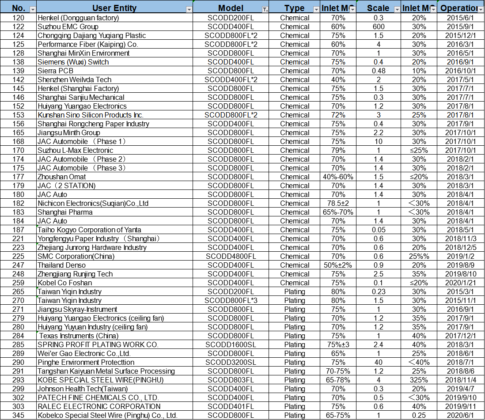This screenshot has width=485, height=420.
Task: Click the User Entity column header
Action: [114, 8]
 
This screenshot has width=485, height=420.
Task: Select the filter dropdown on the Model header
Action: [265, 9]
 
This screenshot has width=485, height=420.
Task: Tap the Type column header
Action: [294, 8]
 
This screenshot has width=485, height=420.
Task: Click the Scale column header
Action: [378, 8]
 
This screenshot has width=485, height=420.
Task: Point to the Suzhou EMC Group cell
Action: [68, 26]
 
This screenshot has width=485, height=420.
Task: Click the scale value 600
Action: [379, 26]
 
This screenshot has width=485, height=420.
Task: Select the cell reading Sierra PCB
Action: [55, 71]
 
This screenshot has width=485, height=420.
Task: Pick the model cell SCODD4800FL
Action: [231, 256]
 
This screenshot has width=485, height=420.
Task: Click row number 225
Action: [19, 256]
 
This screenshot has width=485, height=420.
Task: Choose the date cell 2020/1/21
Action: [461, 283]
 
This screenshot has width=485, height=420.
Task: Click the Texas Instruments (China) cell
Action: [72, 336]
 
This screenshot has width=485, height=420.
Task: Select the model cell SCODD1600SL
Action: [231, 344]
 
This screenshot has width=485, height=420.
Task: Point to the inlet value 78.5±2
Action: [338, 203]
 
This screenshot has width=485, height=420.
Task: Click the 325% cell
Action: [419, 380]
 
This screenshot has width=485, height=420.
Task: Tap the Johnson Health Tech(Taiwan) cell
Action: [83, 389]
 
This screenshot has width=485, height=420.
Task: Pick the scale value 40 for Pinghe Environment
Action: [379, 362]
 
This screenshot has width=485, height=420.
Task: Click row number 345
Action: [19, 415]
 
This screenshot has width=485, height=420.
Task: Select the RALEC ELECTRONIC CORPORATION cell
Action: [99, 406]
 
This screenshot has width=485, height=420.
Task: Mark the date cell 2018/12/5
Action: [461, 247]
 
